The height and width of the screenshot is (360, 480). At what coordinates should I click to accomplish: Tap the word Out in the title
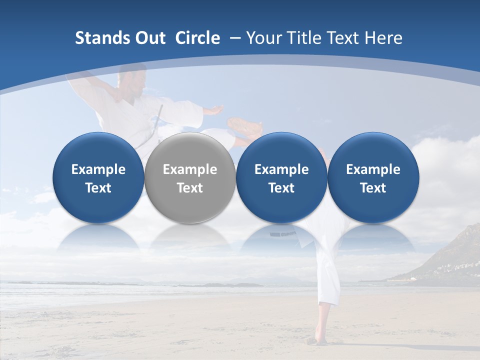coord(149,38)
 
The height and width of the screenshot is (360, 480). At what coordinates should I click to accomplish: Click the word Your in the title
coord(262,38)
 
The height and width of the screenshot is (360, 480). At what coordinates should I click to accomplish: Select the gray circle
coord(190,178)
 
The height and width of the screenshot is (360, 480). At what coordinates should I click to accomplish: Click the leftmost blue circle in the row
coord(98,178)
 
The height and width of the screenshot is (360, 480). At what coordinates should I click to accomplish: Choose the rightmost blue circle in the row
coord(373,178)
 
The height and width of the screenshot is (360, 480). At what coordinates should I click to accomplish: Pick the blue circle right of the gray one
coord(281,178)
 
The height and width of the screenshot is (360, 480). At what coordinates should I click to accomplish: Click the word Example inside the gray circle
coord(190,169)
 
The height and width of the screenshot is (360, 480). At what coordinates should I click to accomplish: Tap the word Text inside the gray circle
coord(190,188)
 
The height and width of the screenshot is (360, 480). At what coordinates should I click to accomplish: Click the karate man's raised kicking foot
coord(244,125)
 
